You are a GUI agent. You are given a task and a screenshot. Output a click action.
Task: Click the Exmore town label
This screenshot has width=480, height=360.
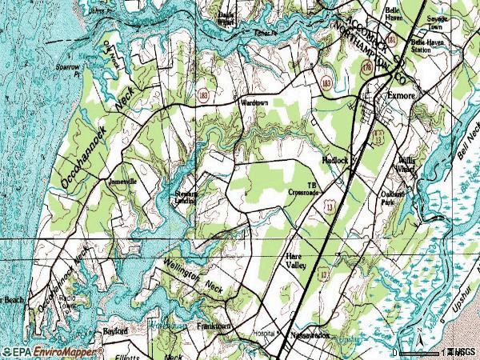tap(401, 96)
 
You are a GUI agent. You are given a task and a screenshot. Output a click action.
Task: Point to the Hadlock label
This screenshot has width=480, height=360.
tap(336, 160)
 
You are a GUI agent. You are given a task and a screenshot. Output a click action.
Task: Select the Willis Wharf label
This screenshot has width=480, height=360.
tap(407, 164)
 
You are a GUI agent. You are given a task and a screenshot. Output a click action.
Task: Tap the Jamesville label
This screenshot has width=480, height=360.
tap(122, 182)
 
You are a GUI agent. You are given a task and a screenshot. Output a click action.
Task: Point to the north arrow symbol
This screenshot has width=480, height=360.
tap(419, 331)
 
